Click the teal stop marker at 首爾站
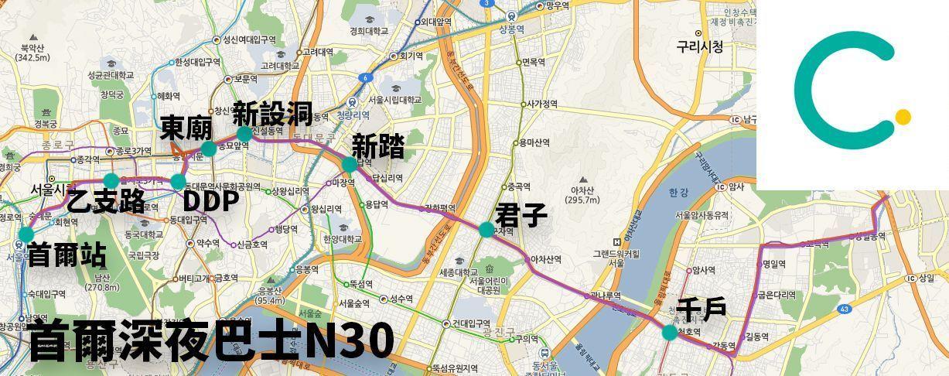click(26, 234)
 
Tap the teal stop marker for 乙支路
click(111, 181)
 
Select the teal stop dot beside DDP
click(178, 182)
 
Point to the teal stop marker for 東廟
click(208, 149)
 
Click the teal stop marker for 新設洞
click(244, 134)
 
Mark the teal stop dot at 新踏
click(349, 164)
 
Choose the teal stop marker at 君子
click(486, 229)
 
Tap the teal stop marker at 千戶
click(669, 332)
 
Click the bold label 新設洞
click(272, 113)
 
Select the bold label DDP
click(210, 200)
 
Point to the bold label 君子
click(521, 214)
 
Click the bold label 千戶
click(701, 309)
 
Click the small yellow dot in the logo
click(903, 117)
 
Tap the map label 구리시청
click(700, 46)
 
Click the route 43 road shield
click(844, 309)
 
